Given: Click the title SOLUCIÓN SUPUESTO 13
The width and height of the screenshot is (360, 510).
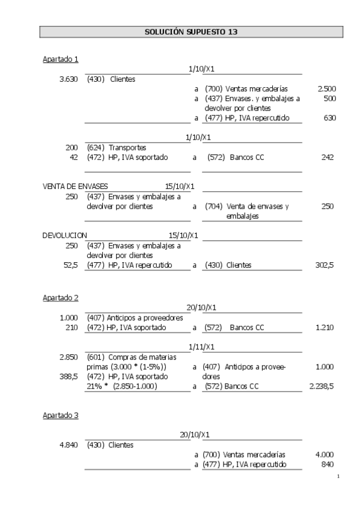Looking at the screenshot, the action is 192,31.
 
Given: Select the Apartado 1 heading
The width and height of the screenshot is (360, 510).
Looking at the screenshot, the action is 61,59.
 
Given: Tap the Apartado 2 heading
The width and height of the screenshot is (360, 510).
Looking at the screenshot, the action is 61,298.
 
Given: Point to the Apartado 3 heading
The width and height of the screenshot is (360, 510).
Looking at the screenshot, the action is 61,415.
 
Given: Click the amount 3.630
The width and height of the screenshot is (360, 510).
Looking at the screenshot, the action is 69,79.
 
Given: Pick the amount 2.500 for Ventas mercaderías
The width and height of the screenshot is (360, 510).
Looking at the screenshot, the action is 326,89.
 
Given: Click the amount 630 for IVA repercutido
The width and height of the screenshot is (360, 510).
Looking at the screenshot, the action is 329,118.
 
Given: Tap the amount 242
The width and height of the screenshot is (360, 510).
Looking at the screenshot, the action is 327,158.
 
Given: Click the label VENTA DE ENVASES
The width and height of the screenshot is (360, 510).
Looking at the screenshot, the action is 76,186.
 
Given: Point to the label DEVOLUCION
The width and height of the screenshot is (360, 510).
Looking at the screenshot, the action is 65,235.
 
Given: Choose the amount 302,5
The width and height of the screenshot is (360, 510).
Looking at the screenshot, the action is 325,265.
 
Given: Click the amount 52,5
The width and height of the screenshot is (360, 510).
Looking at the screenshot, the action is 71,265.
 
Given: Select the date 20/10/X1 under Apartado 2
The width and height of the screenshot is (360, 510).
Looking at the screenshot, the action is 201,307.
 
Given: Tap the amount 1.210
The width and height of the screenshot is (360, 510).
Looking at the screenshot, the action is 325,328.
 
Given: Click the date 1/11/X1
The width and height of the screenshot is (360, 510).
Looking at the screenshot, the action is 201,347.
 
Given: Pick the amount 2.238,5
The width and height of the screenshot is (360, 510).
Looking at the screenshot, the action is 321,386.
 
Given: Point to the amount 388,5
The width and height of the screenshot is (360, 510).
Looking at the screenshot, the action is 69,376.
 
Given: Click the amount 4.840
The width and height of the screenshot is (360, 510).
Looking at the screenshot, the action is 69,445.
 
